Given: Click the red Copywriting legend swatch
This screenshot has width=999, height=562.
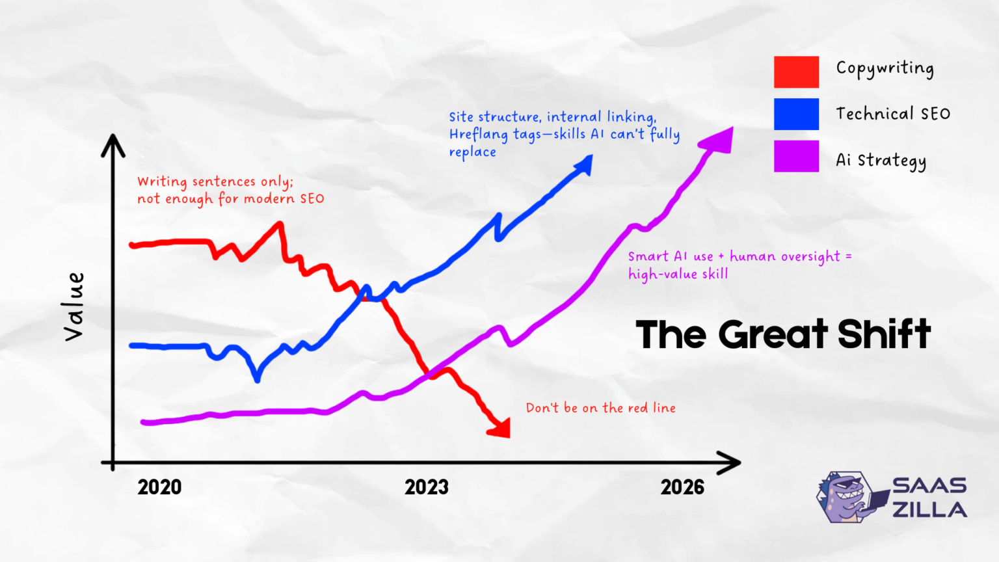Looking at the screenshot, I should (796, 72).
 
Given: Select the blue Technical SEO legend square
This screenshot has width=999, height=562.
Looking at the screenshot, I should (796, 114).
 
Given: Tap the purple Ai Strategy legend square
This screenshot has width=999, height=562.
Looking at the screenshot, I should (796, 156).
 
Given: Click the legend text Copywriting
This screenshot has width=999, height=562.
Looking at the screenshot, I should (885, 69).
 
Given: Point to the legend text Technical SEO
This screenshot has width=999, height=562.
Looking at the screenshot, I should (892, 114).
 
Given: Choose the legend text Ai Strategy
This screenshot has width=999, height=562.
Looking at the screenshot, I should (881, 161).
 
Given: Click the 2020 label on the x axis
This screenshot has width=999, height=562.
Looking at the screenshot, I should (159, 487).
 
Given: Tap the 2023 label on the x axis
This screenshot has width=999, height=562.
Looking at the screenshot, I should (427, 487).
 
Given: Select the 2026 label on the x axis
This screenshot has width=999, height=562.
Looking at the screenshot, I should (682, 487).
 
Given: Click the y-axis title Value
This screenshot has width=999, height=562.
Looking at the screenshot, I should (74, 306).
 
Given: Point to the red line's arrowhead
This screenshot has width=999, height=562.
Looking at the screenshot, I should (501, 428).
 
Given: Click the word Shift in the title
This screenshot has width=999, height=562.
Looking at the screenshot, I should (884, 334).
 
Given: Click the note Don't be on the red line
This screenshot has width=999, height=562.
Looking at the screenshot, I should (600, 408).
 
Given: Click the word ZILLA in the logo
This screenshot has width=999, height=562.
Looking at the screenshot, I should (929, 510).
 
